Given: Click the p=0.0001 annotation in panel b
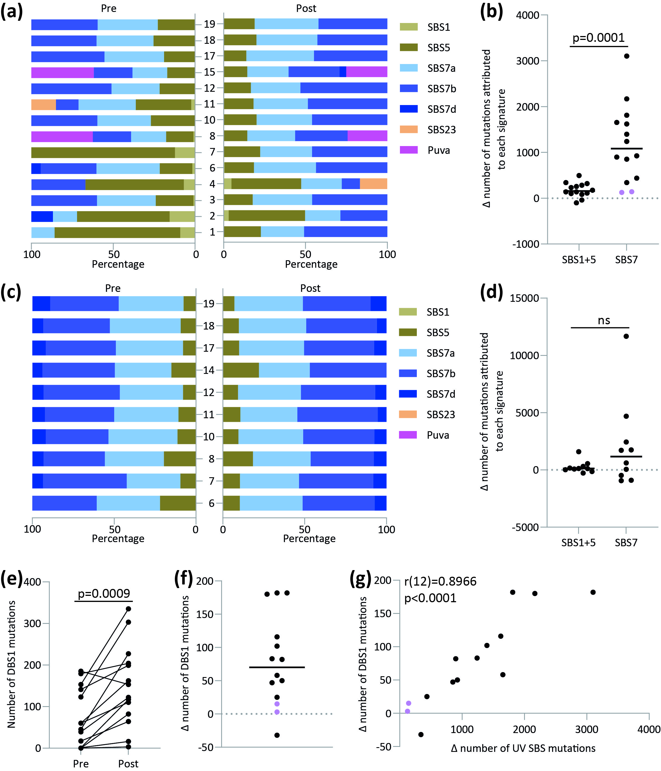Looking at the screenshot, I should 598,38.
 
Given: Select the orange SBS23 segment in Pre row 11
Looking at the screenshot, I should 44,104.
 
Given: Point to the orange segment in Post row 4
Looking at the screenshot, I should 373,184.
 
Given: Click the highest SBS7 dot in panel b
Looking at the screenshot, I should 626,56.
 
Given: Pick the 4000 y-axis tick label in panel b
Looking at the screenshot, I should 528,15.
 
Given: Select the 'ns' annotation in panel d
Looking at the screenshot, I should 604,320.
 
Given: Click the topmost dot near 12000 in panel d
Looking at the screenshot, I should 626,336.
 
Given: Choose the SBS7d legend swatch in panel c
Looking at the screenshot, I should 407,394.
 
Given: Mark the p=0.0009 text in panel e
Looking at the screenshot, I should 104,593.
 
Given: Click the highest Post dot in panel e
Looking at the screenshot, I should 128,609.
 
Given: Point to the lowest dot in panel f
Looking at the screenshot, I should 277,735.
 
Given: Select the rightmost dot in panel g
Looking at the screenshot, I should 593,592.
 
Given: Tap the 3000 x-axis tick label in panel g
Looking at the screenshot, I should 586,729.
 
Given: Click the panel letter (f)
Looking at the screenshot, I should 183,579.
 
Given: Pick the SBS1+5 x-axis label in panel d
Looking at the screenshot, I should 578,543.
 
